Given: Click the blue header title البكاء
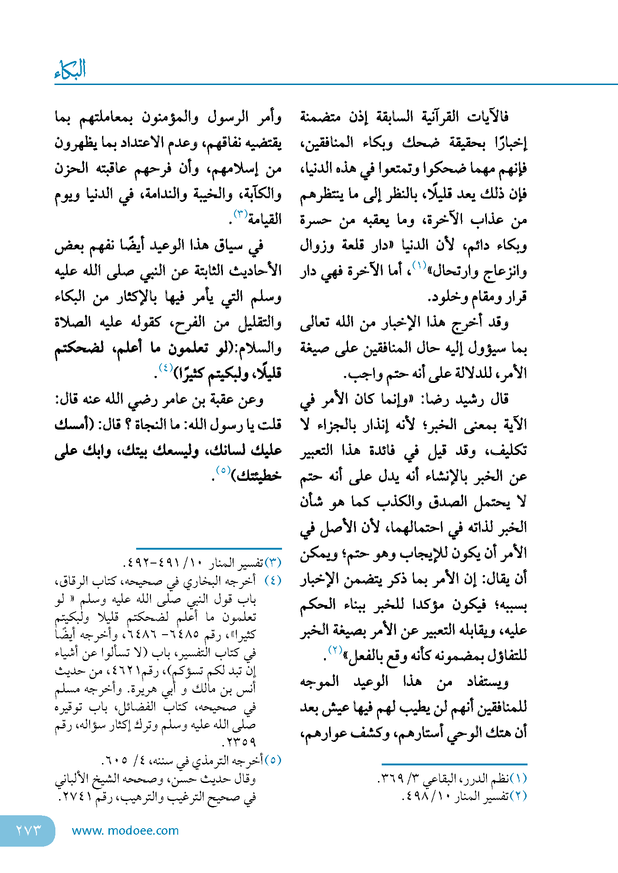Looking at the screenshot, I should pos(70,69).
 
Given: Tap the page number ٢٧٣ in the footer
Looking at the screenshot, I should pos(29,830).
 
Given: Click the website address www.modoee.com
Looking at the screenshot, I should pos(125,831).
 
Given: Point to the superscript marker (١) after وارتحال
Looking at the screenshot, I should pos(419,265).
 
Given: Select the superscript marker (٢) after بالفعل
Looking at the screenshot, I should pos(335,649).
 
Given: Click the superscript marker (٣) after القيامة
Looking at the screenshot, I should pos(241,213).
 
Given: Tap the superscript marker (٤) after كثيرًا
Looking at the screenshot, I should pos(165,368).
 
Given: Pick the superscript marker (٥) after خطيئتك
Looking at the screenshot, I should pos(223,470).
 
